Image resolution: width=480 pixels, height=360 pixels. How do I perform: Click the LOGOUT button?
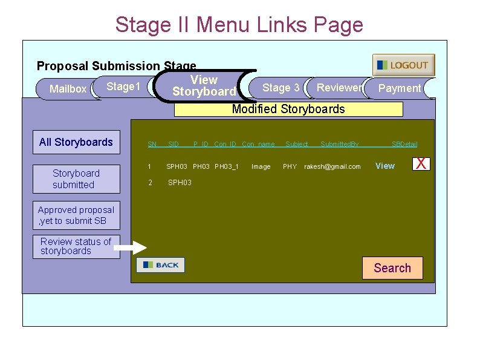(403, 65)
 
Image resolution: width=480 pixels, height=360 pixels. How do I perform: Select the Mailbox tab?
(67, 89)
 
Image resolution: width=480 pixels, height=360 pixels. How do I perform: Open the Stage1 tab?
(123, 87)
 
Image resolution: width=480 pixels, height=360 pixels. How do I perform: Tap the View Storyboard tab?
(204, 86)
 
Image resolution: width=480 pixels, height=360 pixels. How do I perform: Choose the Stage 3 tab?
(281, 88)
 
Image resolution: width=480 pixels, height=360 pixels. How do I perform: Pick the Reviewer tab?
(339, 88)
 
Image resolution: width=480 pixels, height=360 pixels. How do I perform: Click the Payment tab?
(399, 88)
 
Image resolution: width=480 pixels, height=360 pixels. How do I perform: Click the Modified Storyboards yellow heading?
(288, 109)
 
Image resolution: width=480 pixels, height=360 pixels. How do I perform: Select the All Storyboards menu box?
(76, 142)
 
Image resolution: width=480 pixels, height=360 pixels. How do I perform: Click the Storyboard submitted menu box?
(76, 178)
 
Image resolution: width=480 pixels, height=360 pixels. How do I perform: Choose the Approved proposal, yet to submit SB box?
(76, 215)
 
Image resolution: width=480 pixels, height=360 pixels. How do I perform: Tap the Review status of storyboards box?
(76, 246)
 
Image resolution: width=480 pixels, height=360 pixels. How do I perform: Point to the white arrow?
(131, 247)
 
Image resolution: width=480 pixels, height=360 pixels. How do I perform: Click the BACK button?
(160, 265)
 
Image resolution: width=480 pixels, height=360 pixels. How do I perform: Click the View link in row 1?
(385, 166)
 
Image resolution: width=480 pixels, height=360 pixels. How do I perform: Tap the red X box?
(421, 163)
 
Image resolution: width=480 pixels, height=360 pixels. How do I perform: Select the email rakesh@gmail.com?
(332, 166)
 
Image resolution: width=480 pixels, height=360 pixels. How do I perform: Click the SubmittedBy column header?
(339, 144)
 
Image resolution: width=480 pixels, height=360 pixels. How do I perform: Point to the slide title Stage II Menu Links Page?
(239, 25)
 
